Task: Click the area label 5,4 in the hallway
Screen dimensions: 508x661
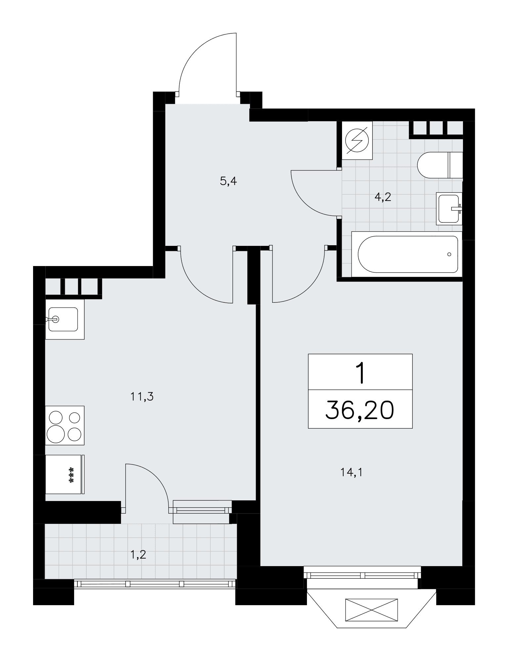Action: (x=229, y=181)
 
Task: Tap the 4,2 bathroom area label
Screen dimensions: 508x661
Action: (x=383, y=197)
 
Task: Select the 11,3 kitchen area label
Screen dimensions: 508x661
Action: (x=142, y=396)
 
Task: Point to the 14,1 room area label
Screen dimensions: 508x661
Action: (x=351, y=473)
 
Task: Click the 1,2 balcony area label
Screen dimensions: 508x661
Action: (x=138, y=555)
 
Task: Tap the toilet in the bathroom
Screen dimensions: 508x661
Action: (x=440, y=165)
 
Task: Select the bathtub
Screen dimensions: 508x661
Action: (x=406, y=254)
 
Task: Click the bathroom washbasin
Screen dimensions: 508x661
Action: (x=449, y=209)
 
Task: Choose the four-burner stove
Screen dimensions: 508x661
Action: (x=65, y=426)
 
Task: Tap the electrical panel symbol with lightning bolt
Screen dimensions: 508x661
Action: (x=357, y=141)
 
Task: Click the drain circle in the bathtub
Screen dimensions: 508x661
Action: (x=449, y=254)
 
